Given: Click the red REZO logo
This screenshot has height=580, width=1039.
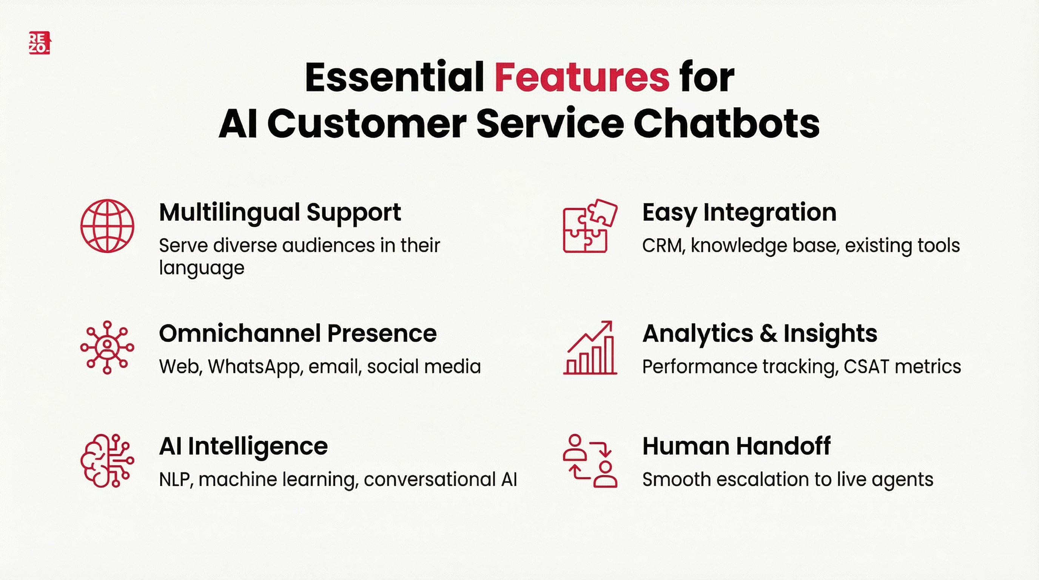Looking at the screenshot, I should [x=39, y=43].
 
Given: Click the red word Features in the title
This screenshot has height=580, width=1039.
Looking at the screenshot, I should [x=582, y=77].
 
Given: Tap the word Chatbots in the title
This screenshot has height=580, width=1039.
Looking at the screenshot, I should [x=726, y=124].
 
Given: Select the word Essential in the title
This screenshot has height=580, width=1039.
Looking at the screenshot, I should [x=394, y=77].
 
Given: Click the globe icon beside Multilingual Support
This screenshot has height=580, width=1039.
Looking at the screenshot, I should [x=107, y=226].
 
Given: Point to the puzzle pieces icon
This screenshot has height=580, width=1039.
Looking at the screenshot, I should [x=590, y=226].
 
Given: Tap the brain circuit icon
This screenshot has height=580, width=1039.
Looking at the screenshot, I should [x=107, y=461].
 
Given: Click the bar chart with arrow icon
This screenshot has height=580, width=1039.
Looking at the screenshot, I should [x=590, y=348].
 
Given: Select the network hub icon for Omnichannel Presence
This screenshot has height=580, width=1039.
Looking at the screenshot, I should [x=107, y=347].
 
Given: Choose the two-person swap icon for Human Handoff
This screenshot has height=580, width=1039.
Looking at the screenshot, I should [x=590, y=461].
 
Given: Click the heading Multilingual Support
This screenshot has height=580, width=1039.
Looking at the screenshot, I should [x=280, y=213].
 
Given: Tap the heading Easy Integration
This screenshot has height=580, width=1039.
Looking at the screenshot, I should [x=739, y=213].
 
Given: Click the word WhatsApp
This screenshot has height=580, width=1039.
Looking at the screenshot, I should [x=255, y=367].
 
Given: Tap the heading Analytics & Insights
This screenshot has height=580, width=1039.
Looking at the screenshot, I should [x=760, y=333].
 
